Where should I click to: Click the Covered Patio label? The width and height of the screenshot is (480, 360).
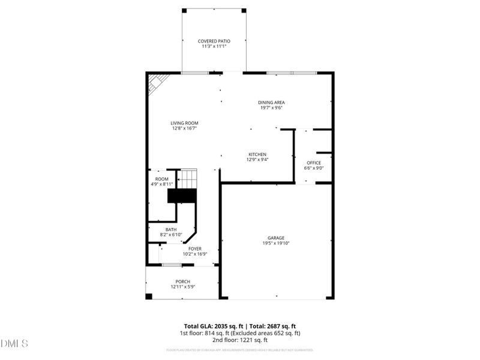click(x=214, y=41)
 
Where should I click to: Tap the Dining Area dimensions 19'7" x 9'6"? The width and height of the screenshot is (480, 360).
click(x=271, y=109)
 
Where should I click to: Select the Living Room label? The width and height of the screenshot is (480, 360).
click(x=184, y=123)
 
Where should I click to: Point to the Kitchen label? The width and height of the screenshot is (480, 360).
click(x=257, y=154)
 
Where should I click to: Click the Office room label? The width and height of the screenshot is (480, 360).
click(x=314, y=163)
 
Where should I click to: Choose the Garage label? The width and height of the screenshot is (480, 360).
click(x=276, y=238)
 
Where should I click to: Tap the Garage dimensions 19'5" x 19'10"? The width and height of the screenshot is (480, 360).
click(x=276, y=244)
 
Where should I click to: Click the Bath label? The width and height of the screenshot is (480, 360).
click(x=171, y=229)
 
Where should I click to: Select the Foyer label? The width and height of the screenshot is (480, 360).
click(x=195, y=248)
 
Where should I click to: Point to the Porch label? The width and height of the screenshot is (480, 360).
click(x=182, y=281)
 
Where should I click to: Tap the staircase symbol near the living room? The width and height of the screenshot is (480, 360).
click(x=188, y=179)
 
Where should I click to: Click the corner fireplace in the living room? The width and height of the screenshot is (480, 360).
click(x=157, y=82)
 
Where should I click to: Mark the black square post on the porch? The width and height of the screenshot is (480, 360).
click(x=149, y=296)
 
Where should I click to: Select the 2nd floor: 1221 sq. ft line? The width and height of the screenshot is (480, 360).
click(x=240, y=340)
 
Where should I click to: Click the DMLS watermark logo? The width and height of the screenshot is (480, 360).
click(x=15, y=344)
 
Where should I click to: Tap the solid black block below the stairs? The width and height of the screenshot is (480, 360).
click(x=182, y=196)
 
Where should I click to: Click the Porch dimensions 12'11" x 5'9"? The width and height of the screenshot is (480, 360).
click(x=182, y=287)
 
